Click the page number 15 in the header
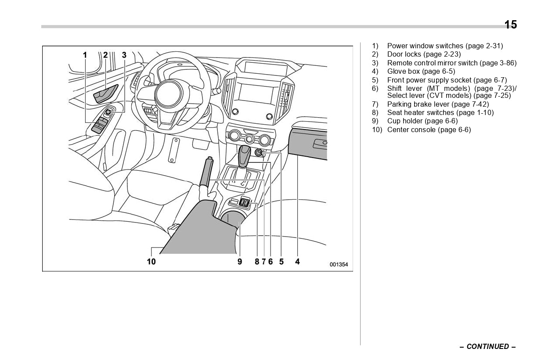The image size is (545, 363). (x=510, y=25)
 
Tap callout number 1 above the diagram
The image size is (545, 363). (x=85, y=55)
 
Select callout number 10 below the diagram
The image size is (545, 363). (x=151, y=262)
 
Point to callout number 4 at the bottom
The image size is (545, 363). (x=297, y=262)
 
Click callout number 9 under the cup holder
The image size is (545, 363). (x=240, y=262)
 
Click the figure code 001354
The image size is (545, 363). (x=339, y=265)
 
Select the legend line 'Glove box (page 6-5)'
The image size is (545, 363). (x=421, y=71)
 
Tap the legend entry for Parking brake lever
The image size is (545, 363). (x=437, y=104)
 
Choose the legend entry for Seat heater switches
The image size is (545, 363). (x=440, y=112)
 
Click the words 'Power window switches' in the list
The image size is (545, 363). (x=425, y=46)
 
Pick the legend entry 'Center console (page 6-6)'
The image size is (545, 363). (x=429, y=129)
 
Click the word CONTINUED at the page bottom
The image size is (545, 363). (x=487, y=346)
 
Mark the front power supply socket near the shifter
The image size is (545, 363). (x=259, y=153)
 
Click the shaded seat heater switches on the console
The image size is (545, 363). (x=245, y=203)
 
